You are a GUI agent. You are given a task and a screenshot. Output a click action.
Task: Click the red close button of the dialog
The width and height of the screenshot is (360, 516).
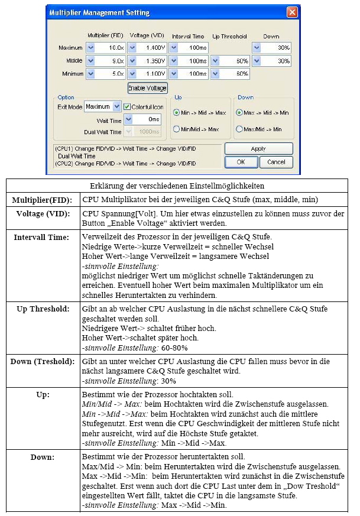291,12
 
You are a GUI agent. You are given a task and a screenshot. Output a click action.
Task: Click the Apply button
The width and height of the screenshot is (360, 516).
258,149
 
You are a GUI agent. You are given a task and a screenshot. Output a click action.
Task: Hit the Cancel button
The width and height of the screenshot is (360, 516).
276,162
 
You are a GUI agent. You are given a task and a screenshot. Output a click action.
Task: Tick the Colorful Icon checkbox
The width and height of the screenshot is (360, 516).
127,106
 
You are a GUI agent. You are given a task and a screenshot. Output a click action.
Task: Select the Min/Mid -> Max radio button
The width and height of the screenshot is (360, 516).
176,129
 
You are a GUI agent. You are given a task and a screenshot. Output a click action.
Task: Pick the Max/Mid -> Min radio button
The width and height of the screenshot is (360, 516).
239,129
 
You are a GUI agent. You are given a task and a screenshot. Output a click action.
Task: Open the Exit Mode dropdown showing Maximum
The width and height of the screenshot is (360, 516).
102,106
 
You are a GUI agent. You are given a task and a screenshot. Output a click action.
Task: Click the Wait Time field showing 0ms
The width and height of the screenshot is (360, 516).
146,119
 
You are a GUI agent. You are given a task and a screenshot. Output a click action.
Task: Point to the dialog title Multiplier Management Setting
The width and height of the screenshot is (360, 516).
99,12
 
